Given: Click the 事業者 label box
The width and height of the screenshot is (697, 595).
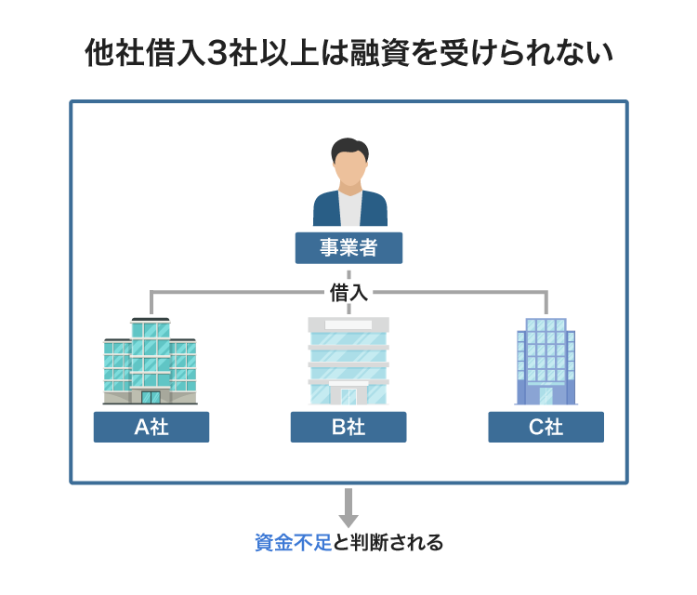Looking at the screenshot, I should (x=348, y=248).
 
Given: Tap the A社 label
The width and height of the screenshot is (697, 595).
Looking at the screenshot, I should (x=151, y=427).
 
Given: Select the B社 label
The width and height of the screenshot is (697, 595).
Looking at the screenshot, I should (x=348, y=427).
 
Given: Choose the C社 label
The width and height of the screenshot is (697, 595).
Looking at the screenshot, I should (x=546, y=427).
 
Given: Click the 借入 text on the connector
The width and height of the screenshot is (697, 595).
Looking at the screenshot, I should (x=348, y=293).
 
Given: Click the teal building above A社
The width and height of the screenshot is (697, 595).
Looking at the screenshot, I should (x=150, y=363).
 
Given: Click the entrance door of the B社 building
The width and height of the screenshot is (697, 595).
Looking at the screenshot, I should (x=348, y=397).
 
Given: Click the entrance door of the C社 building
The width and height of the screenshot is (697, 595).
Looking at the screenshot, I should (x=546, y=396).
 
